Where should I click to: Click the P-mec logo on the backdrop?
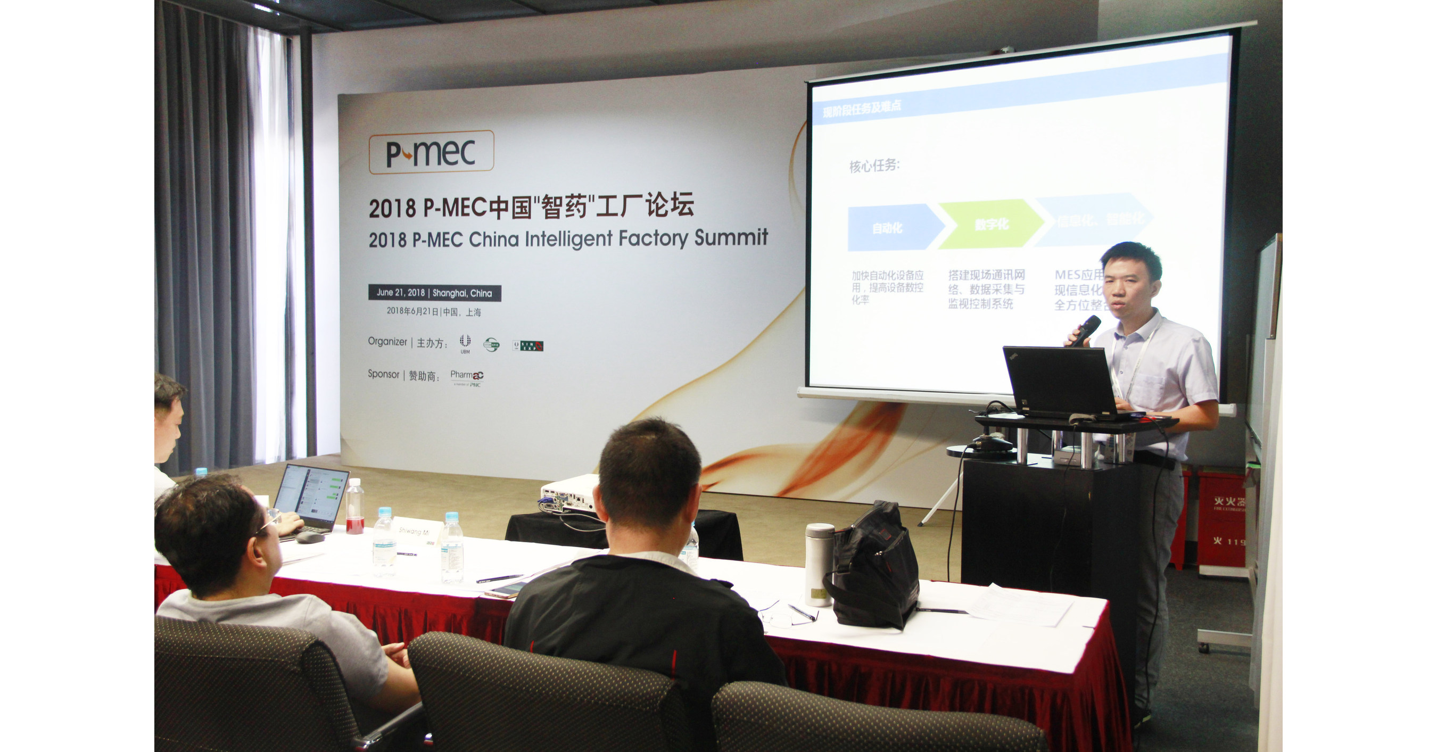pyautogui.click(x=431, y=152)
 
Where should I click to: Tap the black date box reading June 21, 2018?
pyautogui.click(x=434, y=293)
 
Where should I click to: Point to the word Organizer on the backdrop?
pyautogui.click(x=387, y=342)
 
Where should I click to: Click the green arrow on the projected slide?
pyautogui.click(x=990, y=224)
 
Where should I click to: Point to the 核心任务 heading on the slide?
pyautogui.click(x=874, y=166)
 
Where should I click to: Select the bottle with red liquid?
pyautogui.click(x=355, y=508)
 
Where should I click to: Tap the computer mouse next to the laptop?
pyautogui.click(x=310, y=537)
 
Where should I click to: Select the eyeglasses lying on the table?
pyautogui.click(x=781, y=616)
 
